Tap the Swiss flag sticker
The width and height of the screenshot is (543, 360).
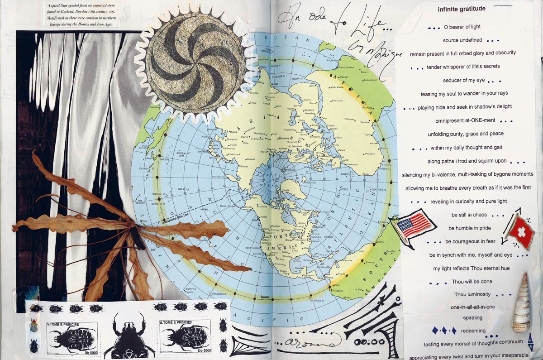(519, 232)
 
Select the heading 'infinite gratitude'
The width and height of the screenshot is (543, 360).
(462, 9)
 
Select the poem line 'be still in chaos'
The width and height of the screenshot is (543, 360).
(468, 215)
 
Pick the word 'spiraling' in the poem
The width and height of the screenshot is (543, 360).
(472, 318)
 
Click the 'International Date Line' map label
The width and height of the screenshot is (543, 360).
(172, 222)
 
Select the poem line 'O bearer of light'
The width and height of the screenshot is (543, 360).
(462, 27)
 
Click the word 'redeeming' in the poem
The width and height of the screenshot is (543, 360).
(472, 331)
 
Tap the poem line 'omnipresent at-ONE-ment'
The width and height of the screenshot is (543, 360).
(465, 120)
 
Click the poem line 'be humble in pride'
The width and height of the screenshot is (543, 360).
(470, 228)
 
